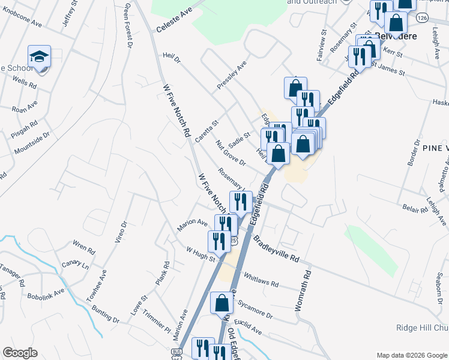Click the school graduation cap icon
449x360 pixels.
(x=40, y=56)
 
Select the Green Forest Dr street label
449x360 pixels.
(x=127, y=25)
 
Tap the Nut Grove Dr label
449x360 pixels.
(x=231, y=154)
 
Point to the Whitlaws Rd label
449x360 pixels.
(x=261, y=280)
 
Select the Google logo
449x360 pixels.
(x=20, y=353)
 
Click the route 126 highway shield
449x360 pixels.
(x=423, y=19)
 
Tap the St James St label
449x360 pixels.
(x=388, y=67)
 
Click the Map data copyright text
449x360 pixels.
(x=411, y=355)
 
